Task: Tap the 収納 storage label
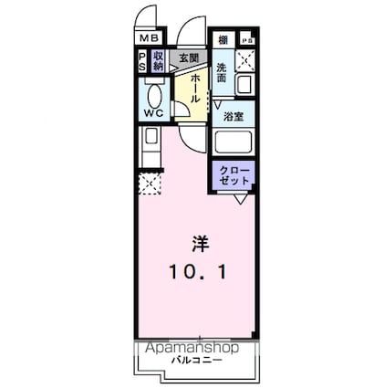159,61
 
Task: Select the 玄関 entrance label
189,58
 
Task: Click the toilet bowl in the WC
154,94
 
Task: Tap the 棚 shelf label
223,41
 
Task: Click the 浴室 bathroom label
234,117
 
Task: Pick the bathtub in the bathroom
234,144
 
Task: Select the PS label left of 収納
143,61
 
